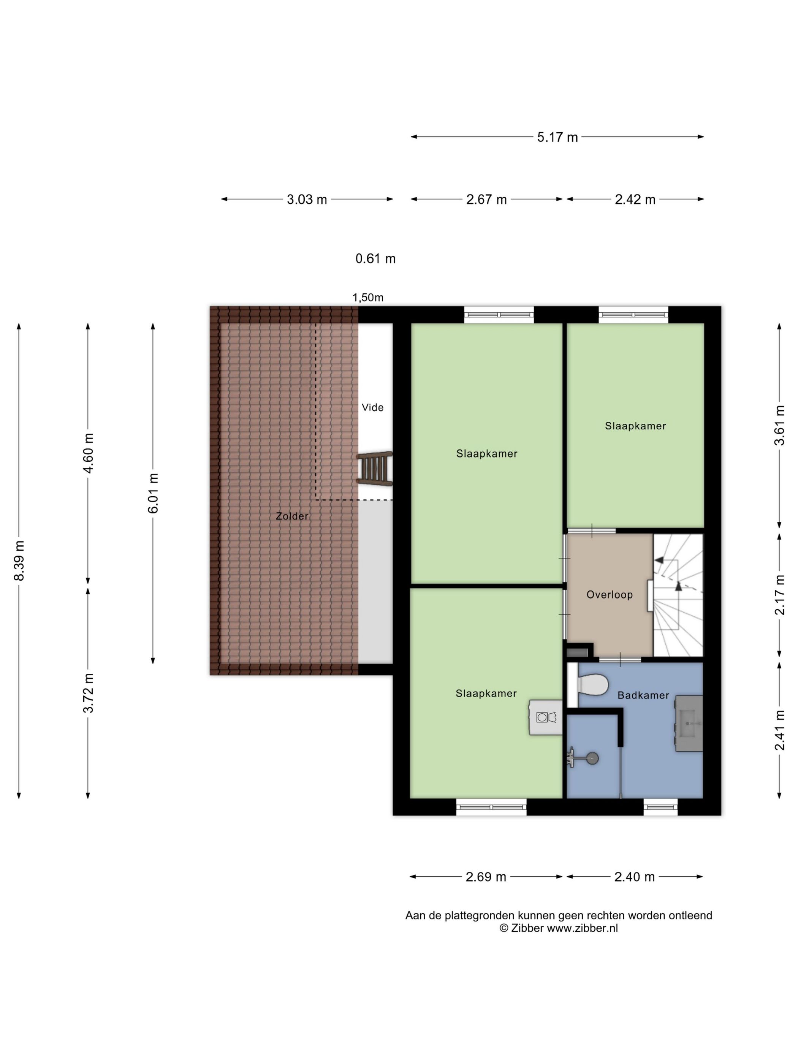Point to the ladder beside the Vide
374,469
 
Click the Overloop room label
610,595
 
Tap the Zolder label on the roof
292,516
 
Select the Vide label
372,407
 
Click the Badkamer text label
643,695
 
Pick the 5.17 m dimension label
557,138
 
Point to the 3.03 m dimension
307,199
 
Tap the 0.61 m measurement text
375,259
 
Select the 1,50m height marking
368,297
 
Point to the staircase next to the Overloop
678,595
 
